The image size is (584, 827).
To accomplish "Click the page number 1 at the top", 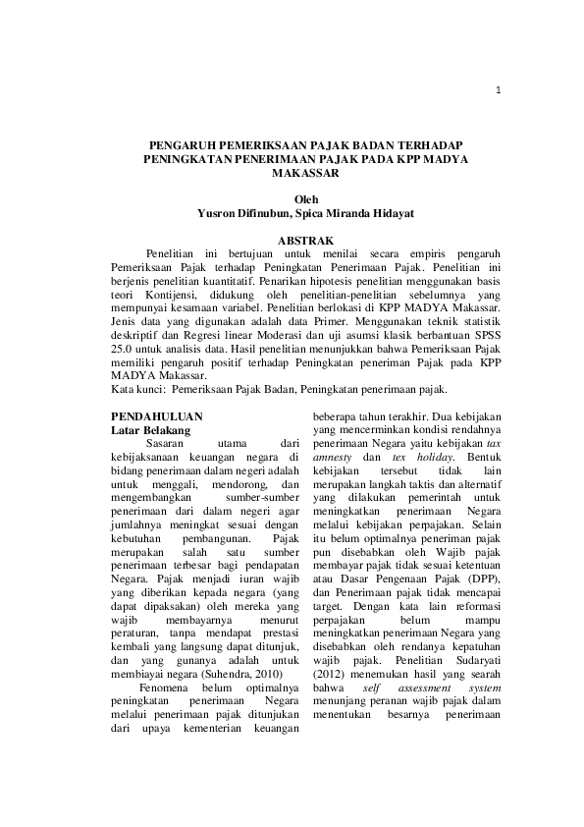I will coord(499,91).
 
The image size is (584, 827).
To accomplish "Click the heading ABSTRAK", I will coord(306,240).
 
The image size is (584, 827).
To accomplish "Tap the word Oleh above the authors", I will coord(307,200).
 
